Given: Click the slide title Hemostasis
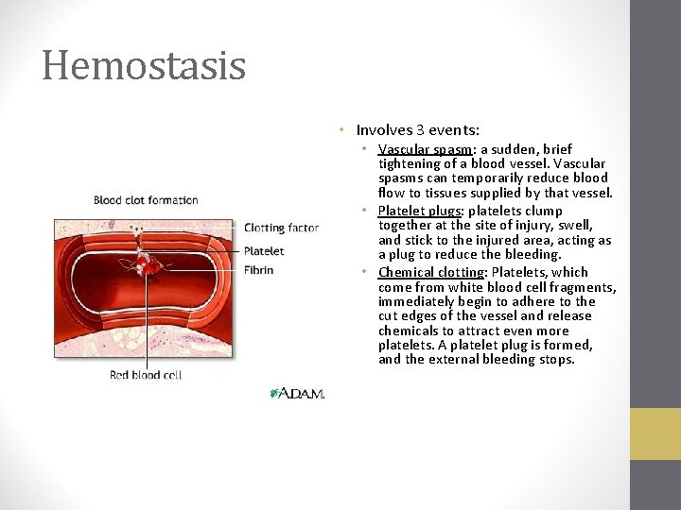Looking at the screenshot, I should [x=144, y=66].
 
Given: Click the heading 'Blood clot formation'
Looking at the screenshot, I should [x=146, y=199].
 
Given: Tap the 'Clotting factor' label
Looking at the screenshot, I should [x=281, y=228].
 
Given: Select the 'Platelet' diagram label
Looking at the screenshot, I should [x=264, y=250].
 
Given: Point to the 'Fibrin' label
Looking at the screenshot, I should [x=258, y=270].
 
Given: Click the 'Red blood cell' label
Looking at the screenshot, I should [x=146, y=375].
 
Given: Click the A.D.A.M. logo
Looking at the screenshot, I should [x=297, y=393].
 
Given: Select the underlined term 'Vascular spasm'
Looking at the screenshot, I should [x=424, y=149].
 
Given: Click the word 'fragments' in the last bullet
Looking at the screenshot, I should [x=585, y=288].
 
